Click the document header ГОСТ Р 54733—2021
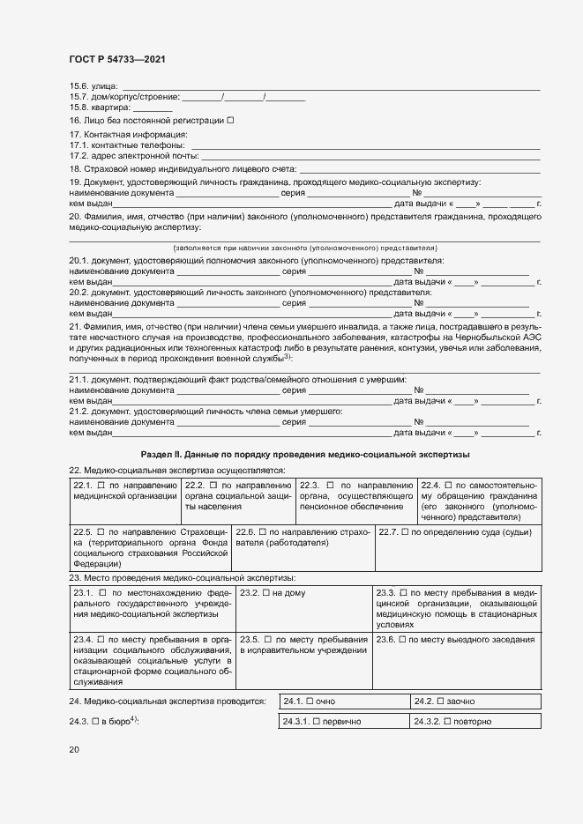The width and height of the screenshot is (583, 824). point(116,59)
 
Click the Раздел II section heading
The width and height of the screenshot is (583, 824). point(305,454)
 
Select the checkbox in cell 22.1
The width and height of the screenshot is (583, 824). point(101,486)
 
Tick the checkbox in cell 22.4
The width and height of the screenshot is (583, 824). point(449,486)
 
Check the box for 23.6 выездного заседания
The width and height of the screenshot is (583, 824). point(402,639)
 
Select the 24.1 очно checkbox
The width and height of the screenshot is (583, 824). point(310,702)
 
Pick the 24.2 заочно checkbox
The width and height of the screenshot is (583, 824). point(441,702)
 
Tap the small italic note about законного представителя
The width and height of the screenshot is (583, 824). point(305,249)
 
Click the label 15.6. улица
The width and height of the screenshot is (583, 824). point(86,85)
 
